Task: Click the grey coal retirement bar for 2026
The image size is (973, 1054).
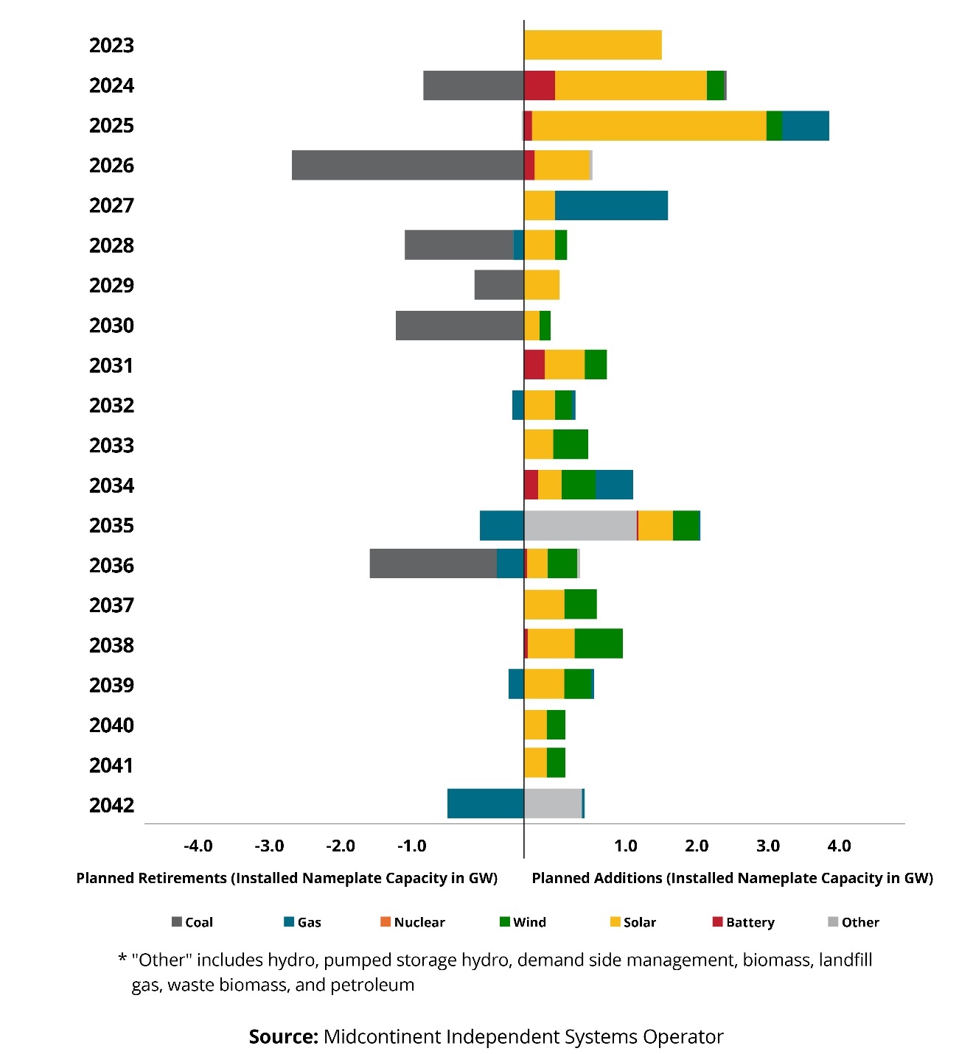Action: [408, 165]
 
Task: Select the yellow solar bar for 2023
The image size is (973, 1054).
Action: [593, 45]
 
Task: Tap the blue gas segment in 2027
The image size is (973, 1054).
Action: [611, 205]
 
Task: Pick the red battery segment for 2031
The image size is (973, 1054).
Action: [534, 365]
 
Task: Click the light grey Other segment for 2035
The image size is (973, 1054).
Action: [580, 525]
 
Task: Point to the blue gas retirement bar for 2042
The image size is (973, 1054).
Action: [485, 804]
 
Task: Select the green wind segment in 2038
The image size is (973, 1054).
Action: [599, 644]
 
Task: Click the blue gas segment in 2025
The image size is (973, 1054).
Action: [805, 126]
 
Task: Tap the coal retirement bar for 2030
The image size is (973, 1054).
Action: [459, 326]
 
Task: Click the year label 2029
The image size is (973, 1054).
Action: [111, 286]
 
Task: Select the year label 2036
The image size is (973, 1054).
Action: [111, 566]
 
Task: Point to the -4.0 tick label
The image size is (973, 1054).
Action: [198, 846]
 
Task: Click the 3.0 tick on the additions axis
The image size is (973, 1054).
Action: [768, 846]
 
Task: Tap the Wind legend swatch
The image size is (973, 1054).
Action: [505, 922]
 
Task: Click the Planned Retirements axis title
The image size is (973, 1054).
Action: [287, 878]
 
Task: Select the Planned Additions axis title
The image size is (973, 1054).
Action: [732, 878]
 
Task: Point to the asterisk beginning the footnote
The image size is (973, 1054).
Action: [122, 960]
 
